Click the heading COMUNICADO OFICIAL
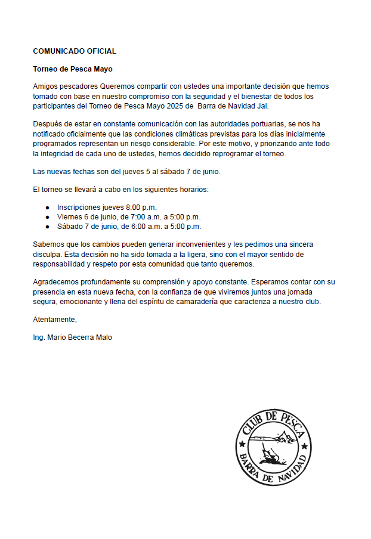point(75,51)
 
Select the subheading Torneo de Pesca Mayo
point(73,69)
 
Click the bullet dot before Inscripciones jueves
point(48,207)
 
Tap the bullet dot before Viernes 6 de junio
point(48,217)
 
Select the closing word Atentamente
point(55,319)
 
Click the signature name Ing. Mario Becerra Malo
point(72,337)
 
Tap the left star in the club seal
point(242,445)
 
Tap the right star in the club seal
point(305,446)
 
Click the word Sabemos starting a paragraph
point(48,244)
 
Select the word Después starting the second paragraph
point(47,123)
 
